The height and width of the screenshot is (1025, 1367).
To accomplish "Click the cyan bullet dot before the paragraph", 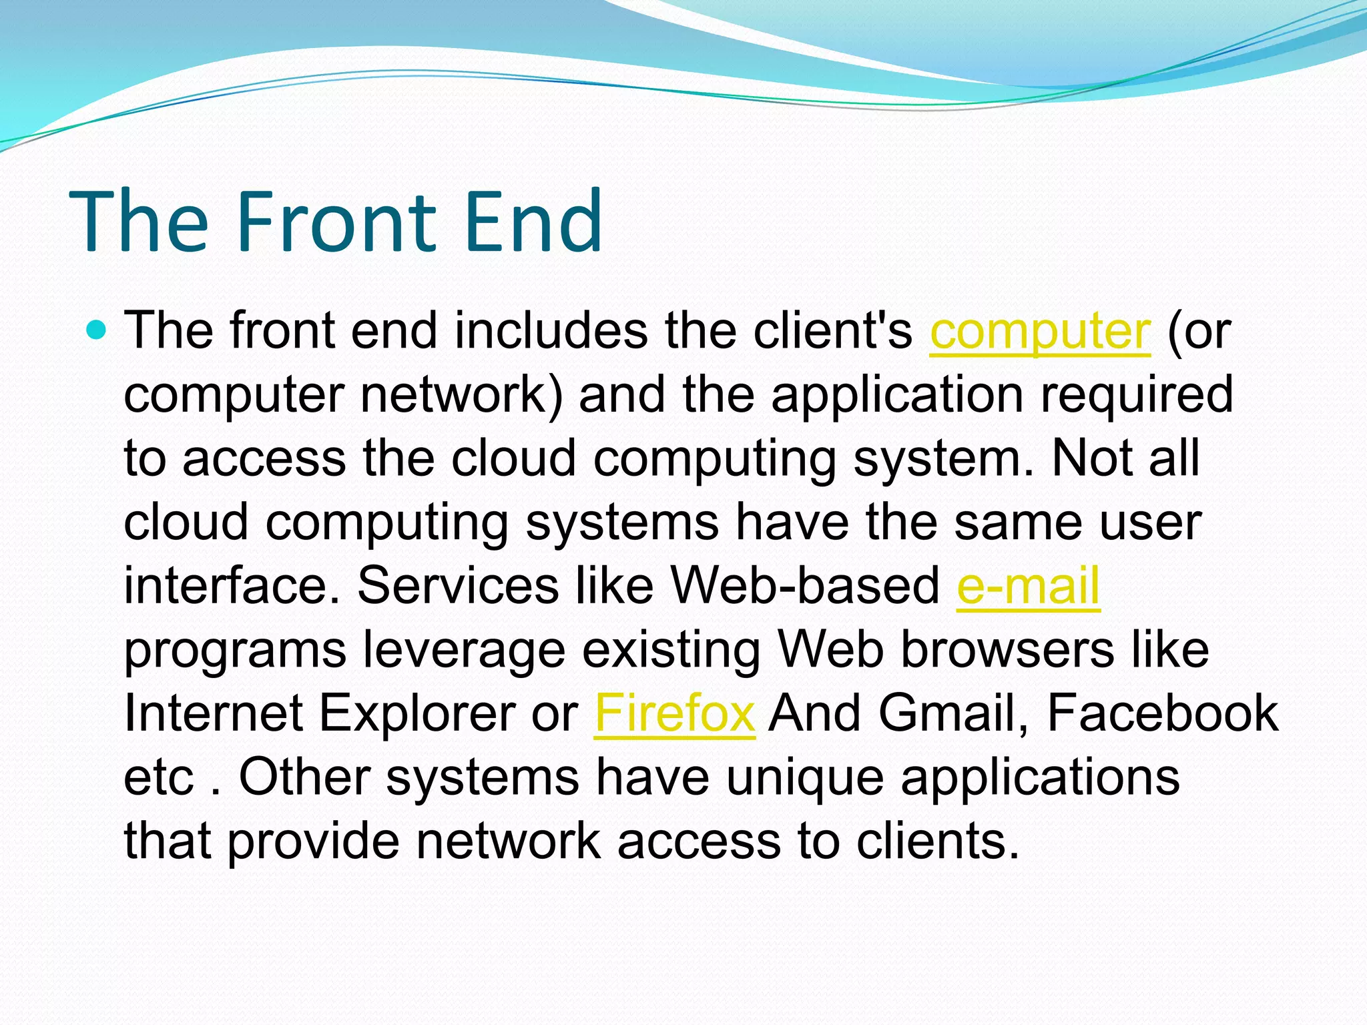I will pyautogui.click(x=97, y=330).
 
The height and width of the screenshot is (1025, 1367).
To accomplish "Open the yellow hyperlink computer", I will pyautogui.click(x=1040, y=332).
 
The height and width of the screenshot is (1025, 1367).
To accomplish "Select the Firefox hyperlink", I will pyautogui.click(x=674, y=713).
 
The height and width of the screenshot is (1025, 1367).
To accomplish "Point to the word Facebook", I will pyautogui.click(x=1162, y=713).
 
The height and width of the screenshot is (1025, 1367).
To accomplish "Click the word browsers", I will pyautogui.click(x=1007, y=650).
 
